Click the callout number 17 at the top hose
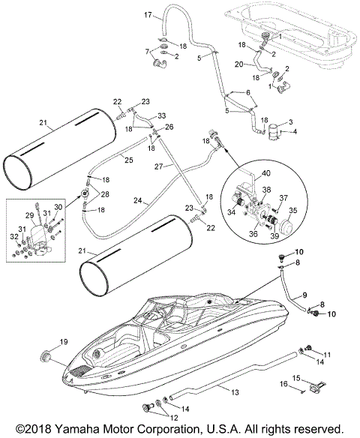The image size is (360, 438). tap(148, 15)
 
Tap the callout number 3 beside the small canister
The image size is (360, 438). tap(292, 121)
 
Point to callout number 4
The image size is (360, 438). tap(292, 132)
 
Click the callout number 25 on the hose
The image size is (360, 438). tap(128, 160)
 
